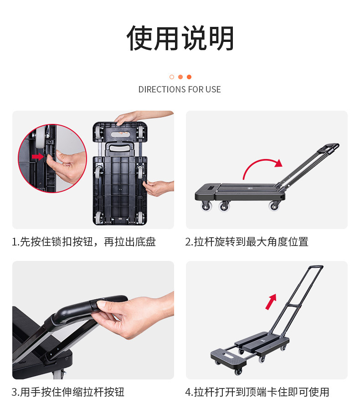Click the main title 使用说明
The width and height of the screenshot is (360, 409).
tap(180, 38)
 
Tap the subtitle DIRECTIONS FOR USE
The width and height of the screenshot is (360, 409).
tap(180, 89)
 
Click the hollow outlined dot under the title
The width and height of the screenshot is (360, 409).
tap(172, 77)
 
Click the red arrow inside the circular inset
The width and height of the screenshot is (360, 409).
tap(38, 157)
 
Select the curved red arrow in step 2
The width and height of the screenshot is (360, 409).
tap(262, 168)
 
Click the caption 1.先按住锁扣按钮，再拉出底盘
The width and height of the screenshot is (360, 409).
tap(84, 242)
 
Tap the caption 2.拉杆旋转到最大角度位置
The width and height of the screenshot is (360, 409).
tap(247, 242)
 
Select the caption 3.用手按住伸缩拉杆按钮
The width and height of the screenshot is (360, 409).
tap(68, 392)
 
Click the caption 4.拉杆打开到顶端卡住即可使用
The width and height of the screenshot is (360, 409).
tap(257, 392)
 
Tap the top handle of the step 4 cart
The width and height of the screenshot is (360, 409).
tap(314, 267)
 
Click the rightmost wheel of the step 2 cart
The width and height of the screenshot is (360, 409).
tap(275, 206)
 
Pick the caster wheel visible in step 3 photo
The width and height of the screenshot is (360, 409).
tap(58, 374)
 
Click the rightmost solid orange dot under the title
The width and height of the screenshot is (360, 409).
tap(189, 77)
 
